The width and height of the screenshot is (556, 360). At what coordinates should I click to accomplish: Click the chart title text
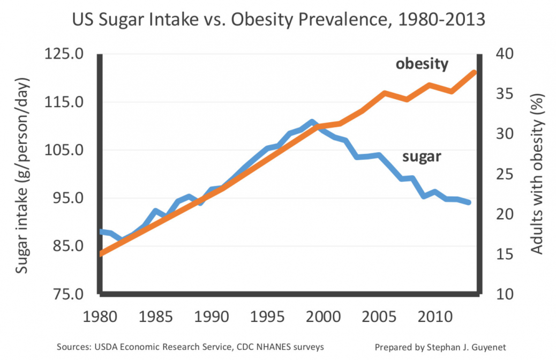pos(278,20)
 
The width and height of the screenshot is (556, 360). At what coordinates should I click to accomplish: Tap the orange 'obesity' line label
pos(422,64)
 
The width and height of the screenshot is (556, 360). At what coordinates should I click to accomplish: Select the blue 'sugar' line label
pos(422,156)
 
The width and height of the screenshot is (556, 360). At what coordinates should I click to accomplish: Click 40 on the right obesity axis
pos(507,54)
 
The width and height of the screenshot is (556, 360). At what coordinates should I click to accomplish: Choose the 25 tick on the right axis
pos(507,174)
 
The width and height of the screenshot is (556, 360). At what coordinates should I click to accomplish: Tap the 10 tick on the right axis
pos(507,294)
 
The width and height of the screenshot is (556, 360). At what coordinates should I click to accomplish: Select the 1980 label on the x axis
pos(100,317)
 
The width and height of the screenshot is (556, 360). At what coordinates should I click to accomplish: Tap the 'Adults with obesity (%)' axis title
pos(537,174)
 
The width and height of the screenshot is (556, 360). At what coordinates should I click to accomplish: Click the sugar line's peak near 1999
pos(311,122)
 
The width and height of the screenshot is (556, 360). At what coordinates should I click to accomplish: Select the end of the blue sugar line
pos(469,202)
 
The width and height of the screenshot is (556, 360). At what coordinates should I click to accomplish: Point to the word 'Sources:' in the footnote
pos(73,347)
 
